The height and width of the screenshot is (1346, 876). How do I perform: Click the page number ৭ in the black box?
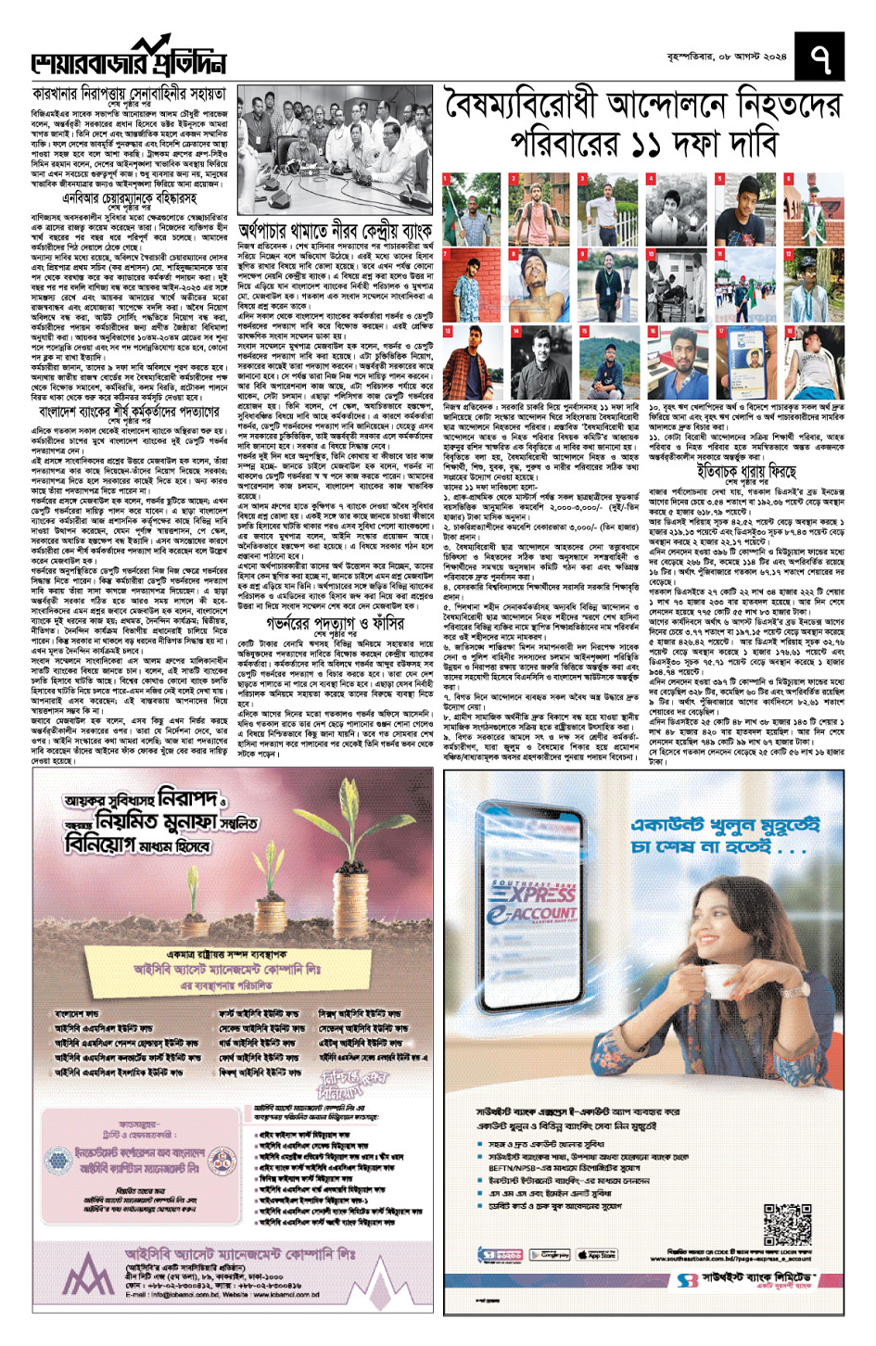pos(819,58)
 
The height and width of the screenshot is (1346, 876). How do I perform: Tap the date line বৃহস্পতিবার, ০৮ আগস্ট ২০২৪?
pos(726,57)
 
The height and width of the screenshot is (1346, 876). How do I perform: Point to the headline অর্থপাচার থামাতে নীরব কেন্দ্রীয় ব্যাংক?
pos(335,230)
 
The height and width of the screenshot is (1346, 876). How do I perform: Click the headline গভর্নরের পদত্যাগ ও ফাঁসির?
pos(335,623)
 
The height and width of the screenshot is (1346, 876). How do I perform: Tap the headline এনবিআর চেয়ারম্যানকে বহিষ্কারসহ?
pos(129,197)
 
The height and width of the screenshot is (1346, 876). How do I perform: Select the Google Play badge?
pos(551,1254)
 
